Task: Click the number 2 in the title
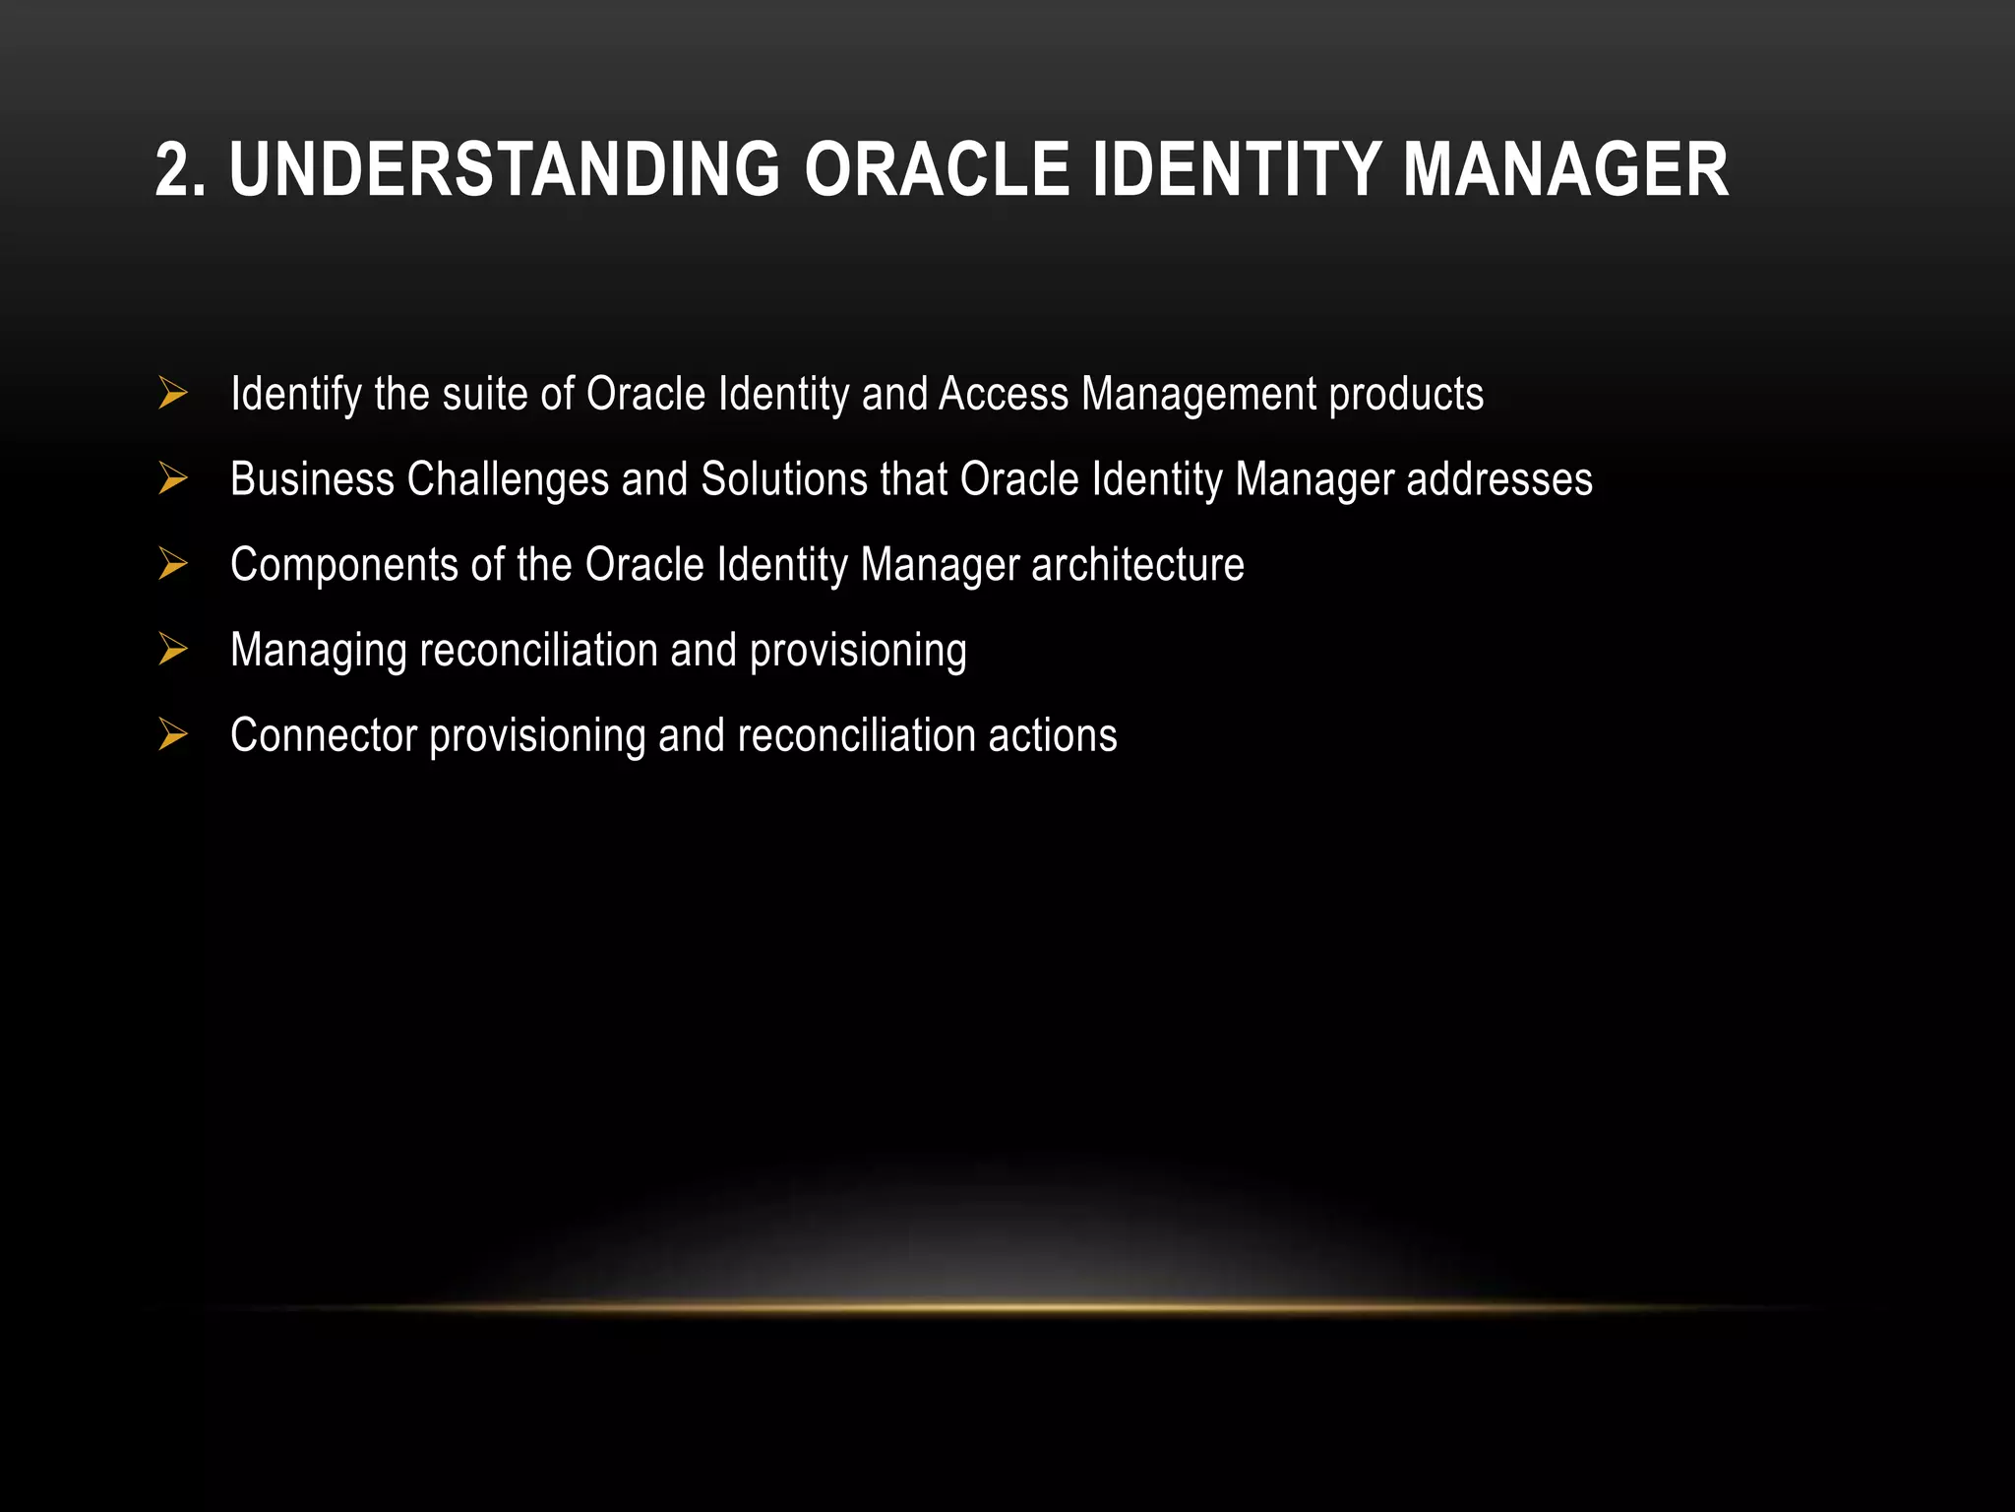[173, 170]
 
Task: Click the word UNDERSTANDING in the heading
[505, 170]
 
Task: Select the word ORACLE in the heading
[937, 170]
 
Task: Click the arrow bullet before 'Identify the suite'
[173, 394]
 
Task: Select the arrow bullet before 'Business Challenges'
[173, 479]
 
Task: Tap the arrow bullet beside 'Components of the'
[173, 564]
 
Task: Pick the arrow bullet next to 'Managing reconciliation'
[173, 650]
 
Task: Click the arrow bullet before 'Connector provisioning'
[173, 735]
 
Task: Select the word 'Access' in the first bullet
[1004, 394]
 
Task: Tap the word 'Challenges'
[508, 480]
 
